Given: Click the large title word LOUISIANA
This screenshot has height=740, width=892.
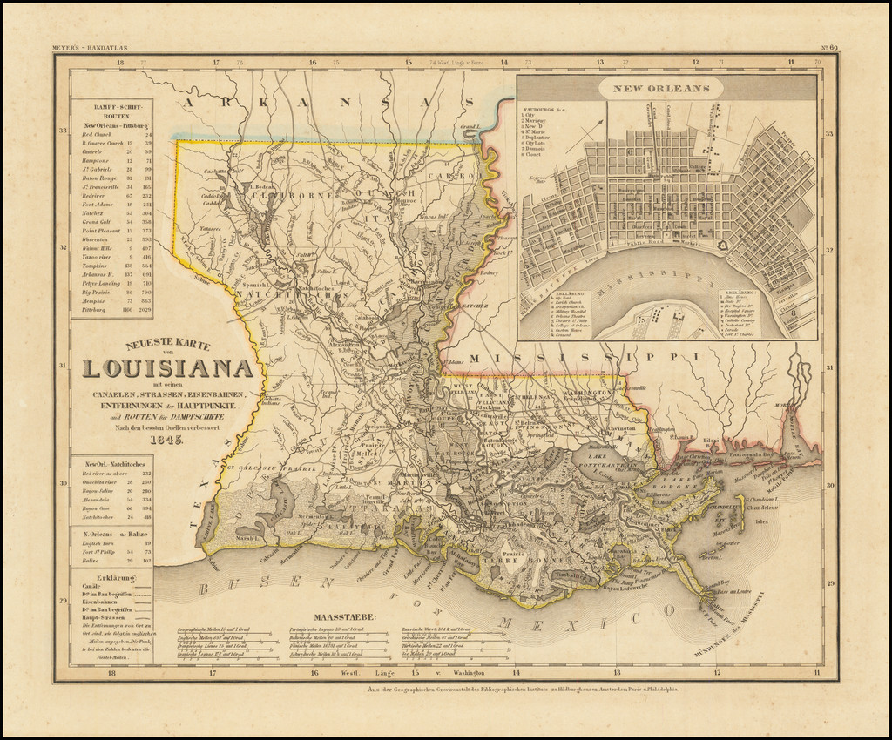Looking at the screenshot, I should pos(168,368).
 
